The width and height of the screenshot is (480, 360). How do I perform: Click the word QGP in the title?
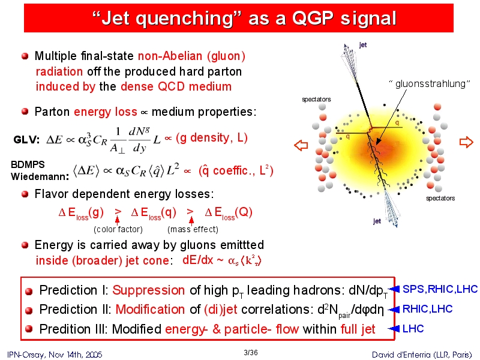pos(312,18)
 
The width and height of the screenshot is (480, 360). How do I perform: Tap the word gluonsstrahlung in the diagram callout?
pos(430,83)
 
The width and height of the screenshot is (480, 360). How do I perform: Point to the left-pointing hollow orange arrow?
pos(301,145)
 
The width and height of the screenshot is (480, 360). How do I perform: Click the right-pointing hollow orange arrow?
pos(466,142)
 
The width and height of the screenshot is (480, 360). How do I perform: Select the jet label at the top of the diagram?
pos(363,45)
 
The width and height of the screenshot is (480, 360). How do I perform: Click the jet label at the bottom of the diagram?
pos(377,221)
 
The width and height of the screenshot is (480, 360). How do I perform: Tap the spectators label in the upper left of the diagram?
pos(316,99)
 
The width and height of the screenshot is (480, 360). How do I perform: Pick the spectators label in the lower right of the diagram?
pos(440,198)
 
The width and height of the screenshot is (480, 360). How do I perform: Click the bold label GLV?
pos(26,140)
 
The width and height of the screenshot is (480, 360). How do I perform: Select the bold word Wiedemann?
pos(40,176)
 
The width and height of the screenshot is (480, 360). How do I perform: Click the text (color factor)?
pos(118,229)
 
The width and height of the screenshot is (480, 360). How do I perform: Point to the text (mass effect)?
pos(193,229)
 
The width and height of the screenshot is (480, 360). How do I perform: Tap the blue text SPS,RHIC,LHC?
pos(440,289)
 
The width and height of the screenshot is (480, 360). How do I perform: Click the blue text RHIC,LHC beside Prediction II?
pos(427,309)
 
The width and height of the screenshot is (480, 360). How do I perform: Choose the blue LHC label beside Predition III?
pos(413,328)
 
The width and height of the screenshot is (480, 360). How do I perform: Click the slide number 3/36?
pos(251,353)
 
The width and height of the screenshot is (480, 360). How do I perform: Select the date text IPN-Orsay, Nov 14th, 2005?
pos(55,355)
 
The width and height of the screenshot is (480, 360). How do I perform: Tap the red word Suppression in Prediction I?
pos(148,290)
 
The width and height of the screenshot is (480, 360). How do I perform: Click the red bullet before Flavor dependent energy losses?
pos(25,194)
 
